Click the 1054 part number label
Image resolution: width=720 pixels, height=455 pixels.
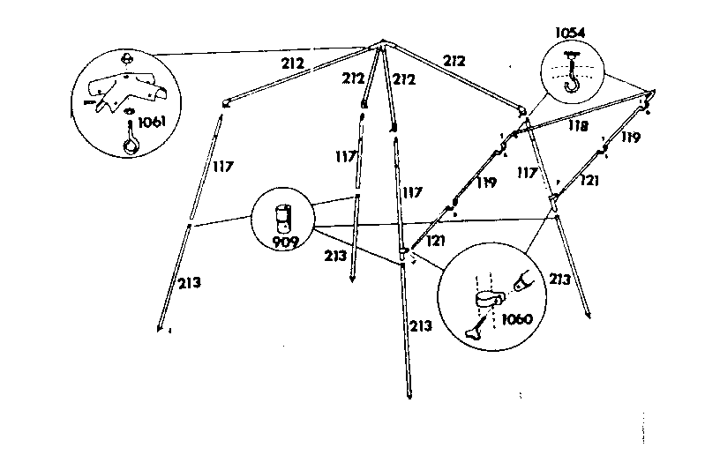pyautogui.click(x=570, y=33)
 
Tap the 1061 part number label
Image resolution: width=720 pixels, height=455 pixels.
pyautogui.click(x=152, y=122)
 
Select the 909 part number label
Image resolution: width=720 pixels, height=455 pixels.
pyautogui.click(x=286, y=242)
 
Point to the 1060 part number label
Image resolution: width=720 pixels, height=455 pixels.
pyautogui.click(x=517, y=319)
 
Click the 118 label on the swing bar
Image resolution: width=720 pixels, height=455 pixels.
pyautogui.click(x=578, y=125)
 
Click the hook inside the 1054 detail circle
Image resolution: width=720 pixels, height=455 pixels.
pyautogui.click(x=572, y=76)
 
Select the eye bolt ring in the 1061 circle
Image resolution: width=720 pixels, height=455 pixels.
pyautogui.click(x=131, y=145)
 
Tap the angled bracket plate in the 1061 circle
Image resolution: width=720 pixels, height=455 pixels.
pyautogui.click(x=126, y=91)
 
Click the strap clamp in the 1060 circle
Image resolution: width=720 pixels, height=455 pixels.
pyautogui.click(x=489, y=301)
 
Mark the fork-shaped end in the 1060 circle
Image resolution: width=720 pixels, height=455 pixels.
pyautogui.click(x=523, y=280)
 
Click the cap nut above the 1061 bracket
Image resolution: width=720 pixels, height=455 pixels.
pyautogui.click(x=127, y=59)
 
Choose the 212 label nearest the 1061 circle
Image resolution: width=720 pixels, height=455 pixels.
pyautogui.click(x=293, y=63)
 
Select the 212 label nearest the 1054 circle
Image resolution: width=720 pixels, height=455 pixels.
pyautogui.click(x=454, y=61)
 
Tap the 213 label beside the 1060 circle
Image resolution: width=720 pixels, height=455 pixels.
pyautogui.click(x=559, y=279)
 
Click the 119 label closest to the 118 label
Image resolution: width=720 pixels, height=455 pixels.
pyautogui.click(x=631, y=137)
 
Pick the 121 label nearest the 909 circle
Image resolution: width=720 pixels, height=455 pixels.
pyautogui.click(x=436, y=241)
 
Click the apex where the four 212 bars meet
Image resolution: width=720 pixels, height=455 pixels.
pyautogui.click(x=383, y=42)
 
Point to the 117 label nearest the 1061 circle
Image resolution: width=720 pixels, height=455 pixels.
pyautogui.click(x=223, y=166)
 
